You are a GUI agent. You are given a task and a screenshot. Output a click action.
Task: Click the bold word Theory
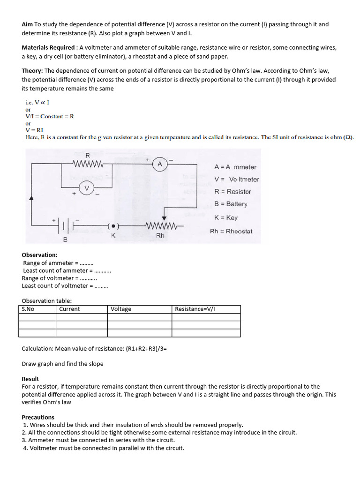click(x=32, y=71)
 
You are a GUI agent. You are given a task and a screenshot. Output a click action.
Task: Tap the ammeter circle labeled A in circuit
click(x=160, y=164)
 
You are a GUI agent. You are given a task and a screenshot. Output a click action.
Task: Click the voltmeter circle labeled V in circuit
click(x=86, y=188)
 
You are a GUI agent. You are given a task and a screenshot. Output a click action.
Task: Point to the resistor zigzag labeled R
click(x=88, y=164)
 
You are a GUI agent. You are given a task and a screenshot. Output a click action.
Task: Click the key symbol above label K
click(x=113, y=226)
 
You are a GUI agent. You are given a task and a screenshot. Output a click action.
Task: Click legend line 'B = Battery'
click(x=230, y=204)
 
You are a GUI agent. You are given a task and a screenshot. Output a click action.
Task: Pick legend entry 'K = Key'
click(x=225, y=217)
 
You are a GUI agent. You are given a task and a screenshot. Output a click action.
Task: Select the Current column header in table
click(x=69, y=309)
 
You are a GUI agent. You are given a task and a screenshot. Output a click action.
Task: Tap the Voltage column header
click(x=121, y=309)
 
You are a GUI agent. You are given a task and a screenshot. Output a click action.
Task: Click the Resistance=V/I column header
click(x=195, y=309)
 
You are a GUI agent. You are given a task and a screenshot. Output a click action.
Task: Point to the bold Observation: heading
click(x=39, y=255)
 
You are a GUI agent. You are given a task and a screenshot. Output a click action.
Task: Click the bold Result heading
click(x=30, y=379)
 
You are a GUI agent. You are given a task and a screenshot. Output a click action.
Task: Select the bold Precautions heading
click(x=38, y=417)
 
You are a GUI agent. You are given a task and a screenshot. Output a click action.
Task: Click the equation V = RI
click(x=34, y=130)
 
